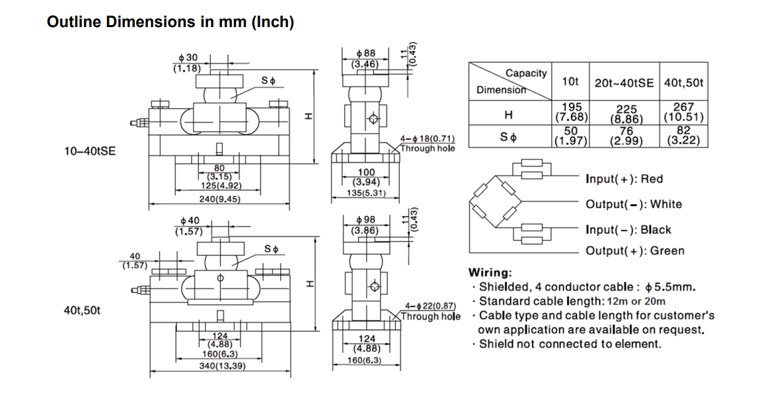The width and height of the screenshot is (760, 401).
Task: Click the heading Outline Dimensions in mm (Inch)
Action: tap(171, 22)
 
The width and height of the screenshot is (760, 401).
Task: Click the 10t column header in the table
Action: tap(570, 82)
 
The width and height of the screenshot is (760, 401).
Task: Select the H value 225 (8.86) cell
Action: tap(624, 114)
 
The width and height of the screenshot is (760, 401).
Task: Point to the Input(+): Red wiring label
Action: tap(624, 179)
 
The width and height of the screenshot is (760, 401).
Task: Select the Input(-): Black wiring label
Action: tap(628, 230)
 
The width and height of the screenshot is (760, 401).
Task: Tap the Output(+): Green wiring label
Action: tap(634, 250)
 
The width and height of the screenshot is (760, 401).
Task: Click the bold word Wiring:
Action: tap(490, 272)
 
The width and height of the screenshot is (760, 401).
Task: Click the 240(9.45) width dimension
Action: tap(219, 199)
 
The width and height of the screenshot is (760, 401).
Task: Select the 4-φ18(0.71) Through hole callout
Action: tap(428, 143)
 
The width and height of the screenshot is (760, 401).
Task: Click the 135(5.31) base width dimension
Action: tap(365, 194)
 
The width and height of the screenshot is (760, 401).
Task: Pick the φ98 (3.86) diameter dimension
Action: tap(365, 225)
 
